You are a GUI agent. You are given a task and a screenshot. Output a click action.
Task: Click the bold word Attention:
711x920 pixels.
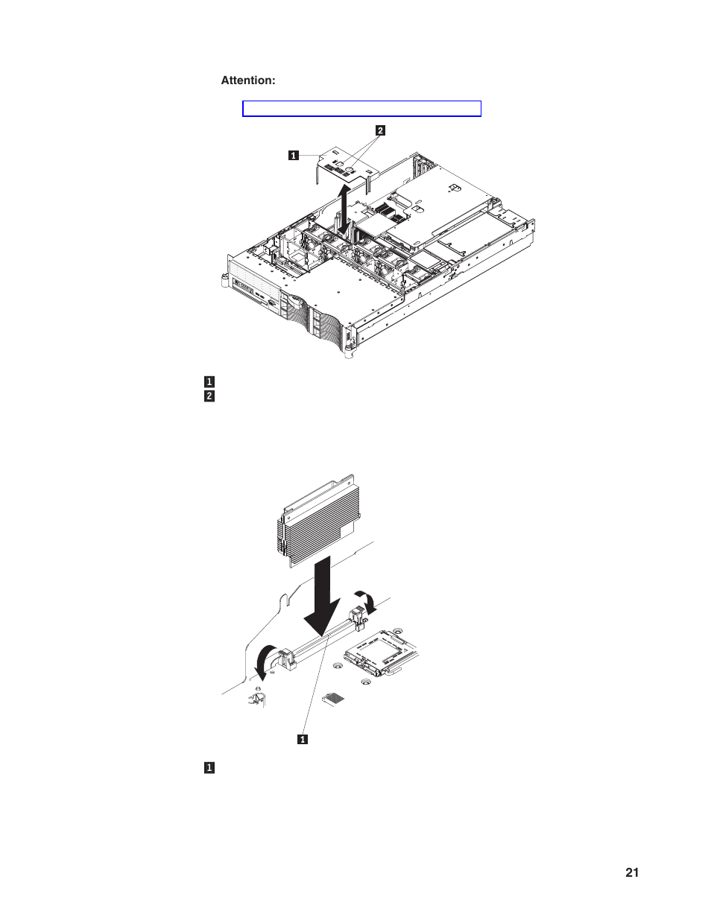coord(247,80)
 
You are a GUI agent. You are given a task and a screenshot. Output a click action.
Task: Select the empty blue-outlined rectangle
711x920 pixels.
coord(361,109)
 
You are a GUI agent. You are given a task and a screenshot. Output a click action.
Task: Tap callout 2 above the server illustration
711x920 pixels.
coord(380,130)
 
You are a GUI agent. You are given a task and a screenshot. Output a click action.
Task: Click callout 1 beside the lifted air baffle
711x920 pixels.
coord(294,156)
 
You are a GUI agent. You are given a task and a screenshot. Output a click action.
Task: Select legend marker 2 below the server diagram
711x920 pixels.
coord(209,396)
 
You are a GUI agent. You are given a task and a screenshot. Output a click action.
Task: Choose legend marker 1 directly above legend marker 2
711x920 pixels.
coord(209,382)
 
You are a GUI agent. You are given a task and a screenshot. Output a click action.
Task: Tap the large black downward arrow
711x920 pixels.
coord(322,600)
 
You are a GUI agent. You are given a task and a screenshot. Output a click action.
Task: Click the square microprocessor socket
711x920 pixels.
coord(381,654)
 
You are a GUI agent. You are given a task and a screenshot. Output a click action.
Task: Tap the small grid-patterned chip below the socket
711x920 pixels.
coord(334,698)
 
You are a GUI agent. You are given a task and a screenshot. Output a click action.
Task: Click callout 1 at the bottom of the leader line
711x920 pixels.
coord(303,740)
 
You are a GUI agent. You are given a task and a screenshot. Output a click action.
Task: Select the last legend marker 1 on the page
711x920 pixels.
coord(209,768)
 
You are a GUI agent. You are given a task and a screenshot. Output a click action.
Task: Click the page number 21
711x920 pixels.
coord(632,873)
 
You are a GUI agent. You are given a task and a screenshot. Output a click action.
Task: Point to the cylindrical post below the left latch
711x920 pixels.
coord(258,698)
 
